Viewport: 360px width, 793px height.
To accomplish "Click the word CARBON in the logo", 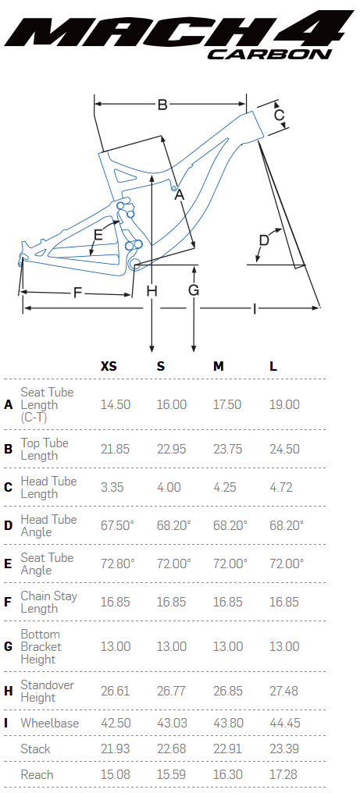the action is click(268, 53).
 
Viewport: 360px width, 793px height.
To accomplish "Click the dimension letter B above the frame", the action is click(162, 104).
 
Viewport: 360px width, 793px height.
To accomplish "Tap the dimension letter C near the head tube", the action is click(280, 115).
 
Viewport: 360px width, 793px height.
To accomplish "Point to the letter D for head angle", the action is click(264, 240).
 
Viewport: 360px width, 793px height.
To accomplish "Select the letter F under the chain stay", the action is click(77, 293).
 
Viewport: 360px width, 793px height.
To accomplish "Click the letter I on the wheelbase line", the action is click(254, 308).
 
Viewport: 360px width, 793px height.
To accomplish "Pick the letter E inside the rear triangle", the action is click(98, 235).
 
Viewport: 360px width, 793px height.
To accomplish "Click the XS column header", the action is click(109, 366).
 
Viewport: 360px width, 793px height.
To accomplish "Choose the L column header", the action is click(273, 366).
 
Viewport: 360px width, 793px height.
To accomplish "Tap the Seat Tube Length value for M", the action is click(228, 404).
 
